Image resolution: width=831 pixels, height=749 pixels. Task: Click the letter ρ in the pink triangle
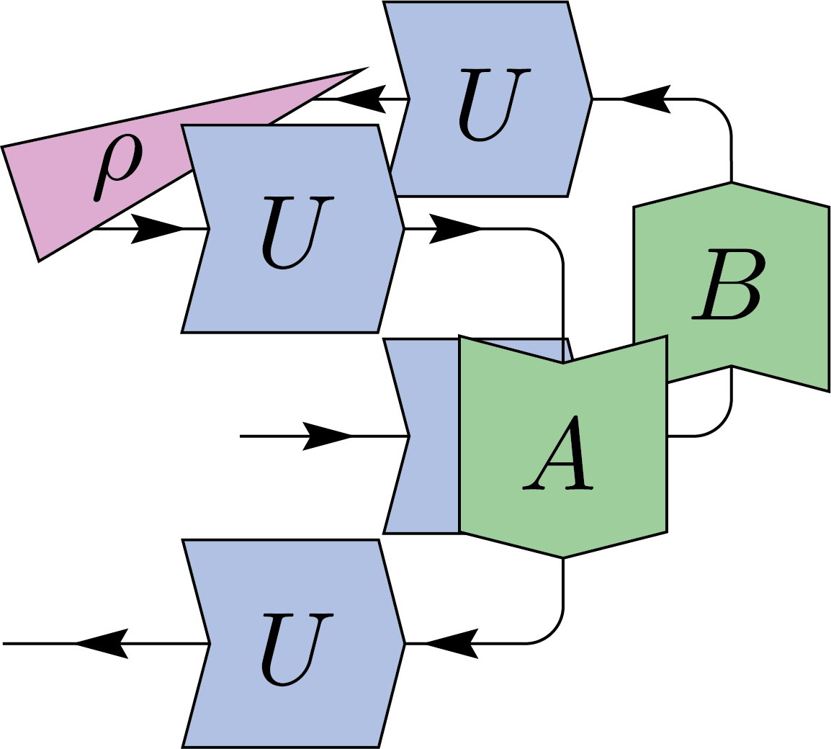pos(119,167)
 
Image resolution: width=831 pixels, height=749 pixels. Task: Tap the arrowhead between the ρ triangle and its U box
pos(155,229)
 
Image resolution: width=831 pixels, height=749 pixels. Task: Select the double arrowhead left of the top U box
pos(364,98)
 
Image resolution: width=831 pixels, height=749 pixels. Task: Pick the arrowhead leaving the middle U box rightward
pos(454,229)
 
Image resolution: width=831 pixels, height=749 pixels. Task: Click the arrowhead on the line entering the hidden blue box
pos(328,436)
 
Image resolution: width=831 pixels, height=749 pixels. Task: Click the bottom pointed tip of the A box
pos(562,556)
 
